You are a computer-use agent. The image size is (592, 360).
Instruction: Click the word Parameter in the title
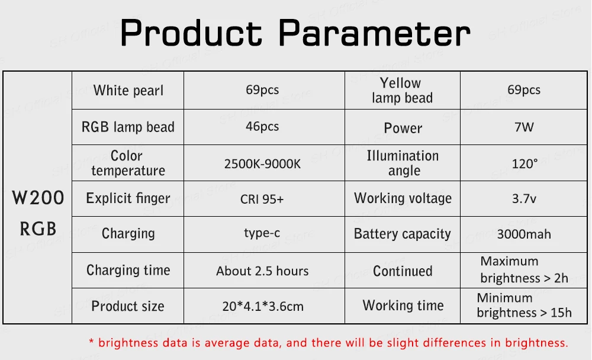(375, 33)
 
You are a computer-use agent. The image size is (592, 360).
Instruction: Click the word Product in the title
(191, 33)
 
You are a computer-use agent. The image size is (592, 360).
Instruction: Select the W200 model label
(38, 198)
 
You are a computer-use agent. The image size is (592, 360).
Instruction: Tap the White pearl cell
(128, 91)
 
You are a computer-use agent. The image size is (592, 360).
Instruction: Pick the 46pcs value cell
(262, 126)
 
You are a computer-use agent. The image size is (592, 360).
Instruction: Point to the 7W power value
(524, 127)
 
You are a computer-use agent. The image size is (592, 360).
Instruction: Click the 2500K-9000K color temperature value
(262, 164)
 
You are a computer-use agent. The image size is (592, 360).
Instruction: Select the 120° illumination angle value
(525, 164)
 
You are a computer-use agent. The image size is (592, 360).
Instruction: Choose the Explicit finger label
(128, 198)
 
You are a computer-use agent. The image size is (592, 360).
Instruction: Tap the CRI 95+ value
(262, 199)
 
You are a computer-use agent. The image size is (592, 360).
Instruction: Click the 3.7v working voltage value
(524, 199)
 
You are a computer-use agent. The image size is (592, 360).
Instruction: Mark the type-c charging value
(262, 233)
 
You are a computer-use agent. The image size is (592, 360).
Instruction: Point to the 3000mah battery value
(524, 234)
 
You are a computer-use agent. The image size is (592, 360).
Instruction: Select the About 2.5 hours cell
(262, 271)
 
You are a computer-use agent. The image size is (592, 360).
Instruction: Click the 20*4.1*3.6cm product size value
(263, 306)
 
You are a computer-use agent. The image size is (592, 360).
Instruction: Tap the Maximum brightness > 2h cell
(524, 270)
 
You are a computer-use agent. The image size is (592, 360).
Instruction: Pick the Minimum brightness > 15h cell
(524, 305)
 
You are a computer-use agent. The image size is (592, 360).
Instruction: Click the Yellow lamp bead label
(402, 90)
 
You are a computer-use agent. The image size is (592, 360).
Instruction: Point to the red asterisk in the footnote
(91, 342)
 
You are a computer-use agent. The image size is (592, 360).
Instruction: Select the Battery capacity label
(403, 234)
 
